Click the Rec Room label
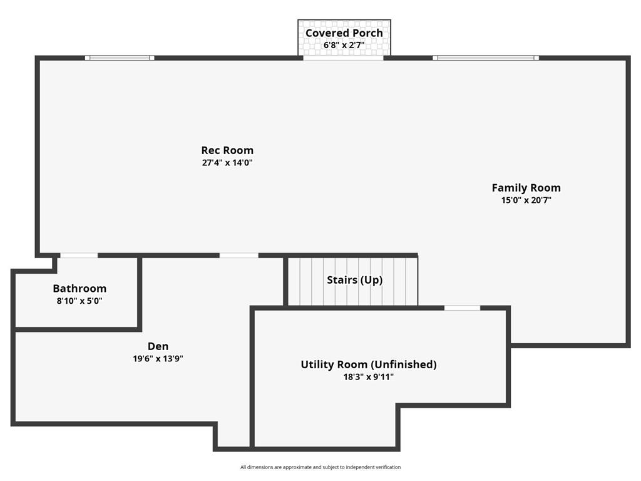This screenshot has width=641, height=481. coord(227,150)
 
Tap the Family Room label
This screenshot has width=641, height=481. coord(526,188)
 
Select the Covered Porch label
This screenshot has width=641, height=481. coord(344,33)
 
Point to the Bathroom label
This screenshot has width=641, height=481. coord(79,288)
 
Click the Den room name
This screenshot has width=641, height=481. coord(158,346)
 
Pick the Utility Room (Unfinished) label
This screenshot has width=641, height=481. coord(369,365)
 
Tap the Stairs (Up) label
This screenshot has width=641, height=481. coord(355,280)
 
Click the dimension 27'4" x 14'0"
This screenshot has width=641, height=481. coord(227,163)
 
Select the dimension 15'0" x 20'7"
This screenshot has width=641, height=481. coord(526,200)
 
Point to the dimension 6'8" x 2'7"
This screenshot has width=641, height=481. coord(344,45)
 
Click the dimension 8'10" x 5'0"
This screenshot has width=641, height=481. coord(79,301)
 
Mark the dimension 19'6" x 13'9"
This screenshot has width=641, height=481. coord(158,359)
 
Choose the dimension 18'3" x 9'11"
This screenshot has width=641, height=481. coord(369,376)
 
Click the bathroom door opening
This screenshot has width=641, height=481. coord(79,256)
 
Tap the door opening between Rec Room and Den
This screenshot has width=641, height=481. coord(238,256)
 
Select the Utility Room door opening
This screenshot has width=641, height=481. coord(463,308)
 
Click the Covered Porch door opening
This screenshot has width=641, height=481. coord(344,58)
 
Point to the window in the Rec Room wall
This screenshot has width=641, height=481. coord(120,58)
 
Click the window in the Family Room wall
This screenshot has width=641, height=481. coord(486,58)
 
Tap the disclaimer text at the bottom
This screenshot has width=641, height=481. coord(320,467)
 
